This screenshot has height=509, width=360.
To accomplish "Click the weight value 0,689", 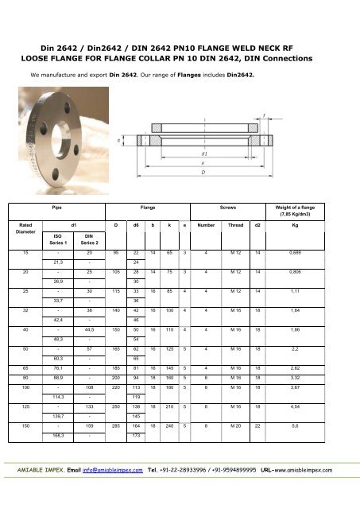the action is pyautogui.click(x=319, y=252).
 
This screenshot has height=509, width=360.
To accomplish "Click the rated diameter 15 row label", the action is pyautogui.click(x=27, y=252).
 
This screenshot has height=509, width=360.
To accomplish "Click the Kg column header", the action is pyautogui.click(x=319, y=225).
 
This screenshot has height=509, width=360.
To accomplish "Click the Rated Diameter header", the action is pyautogui.click(x=27, y=229).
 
